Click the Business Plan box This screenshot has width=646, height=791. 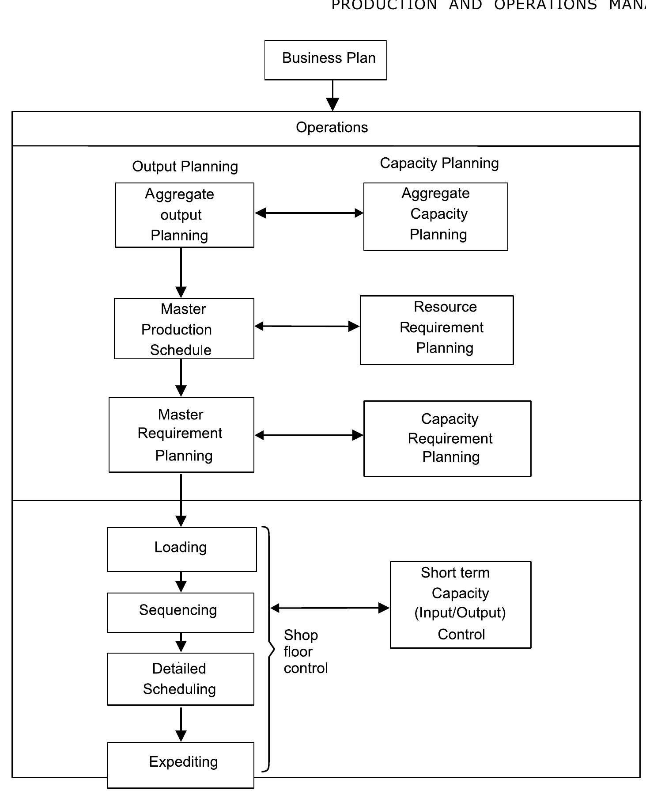[325, 60]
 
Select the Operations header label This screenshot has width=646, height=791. [332, 128]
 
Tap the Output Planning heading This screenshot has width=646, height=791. [185, 167]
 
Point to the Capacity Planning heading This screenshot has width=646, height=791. [439, 164]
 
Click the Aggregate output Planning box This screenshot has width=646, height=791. [184, 215]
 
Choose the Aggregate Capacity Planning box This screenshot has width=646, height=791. [435, 217]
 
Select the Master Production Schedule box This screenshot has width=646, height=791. [184, 329]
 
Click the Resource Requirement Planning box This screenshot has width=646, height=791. [437, 330]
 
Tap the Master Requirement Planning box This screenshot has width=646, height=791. [181, 435]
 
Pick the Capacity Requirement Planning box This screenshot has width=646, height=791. [447, 438]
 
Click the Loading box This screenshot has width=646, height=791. [181, 549]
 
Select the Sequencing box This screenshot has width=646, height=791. [180, 612]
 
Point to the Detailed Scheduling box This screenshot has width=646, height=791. [180, 679]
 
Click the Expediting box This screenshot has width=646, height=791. [180, 764]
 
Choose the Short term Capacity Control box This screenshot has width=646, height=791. [460, 605]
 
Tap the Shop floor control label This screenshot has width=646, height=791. [305, 651]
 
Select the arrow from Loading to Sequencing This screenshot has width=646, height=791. [181, 582]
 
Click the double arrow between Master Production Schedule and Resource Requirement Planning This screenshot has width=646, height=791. [307, 326]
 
